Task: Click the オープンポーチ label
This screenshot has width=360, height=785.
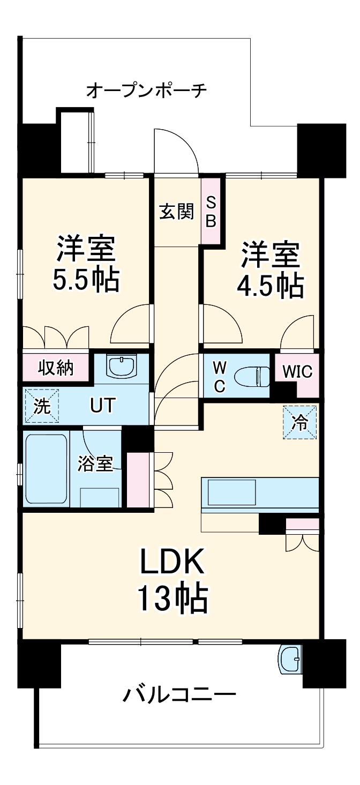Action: (146, 91)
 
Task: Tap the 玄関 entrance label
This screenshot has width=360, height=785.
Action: (176, 212)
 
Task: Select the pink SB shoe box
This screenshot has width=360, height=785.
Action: (211, 212)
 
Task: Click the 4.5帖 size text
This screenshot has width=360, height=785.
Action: (271, 286)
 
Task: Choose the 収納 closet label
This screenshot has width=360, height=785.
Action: (55, 368)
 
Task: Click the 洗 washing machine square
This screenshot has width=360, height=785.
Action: (42, 406)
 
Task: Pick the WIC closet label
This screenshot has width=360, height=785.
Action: (297, 371)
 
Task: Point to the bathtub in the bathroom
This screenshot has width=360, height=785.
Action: (47, 469)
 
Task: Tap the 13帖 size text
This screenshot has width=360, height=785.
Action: (172, 599)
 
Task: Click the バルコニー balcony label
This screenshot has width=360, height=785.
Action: (179, 696)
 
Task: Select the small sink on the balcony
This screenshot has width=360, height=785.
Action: (290, 659)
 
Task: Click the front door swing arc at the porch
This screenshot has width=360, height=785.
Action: (176, 151)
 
